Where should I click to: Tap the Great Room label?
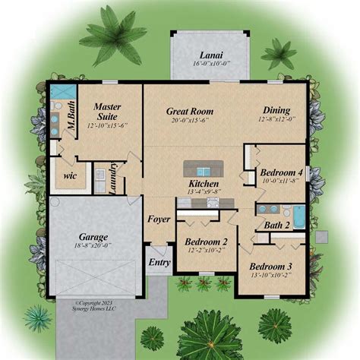click(190, 111)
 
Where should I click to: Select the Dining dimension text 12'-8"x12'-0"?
click(276, 119)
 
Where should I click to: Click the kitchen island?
click(201, 168)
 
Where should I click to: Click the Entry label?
click(158, 263)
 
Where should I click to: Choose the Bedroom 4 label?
click(281, 173)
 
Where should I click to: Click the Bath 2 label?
click(276, 225)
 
